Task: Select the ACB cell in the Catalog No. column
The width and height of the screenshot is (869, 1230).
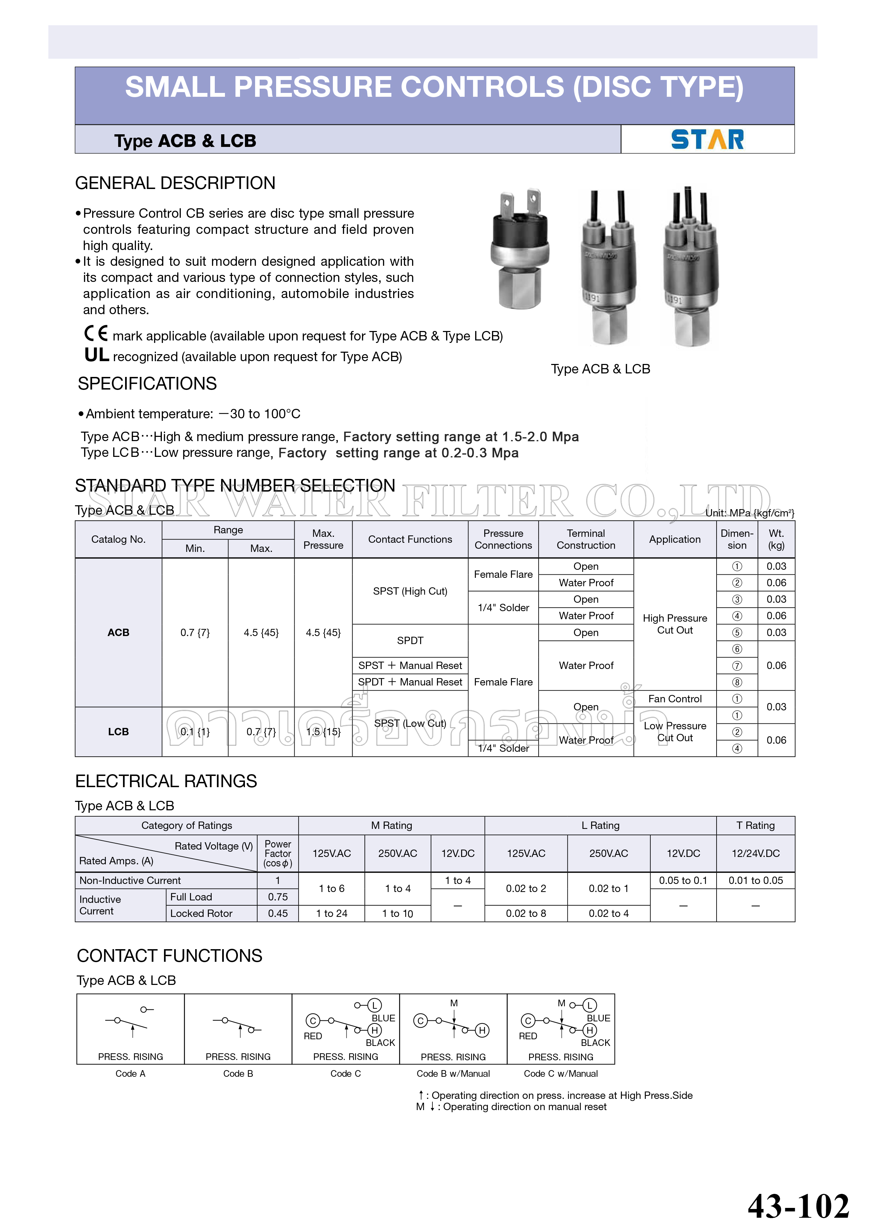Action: point(118,633)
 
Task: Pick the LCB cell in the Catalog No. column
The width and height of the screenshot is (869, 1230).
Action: point(118,732)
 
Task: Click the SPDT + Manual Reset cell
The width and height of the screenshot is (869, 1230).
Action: point(410,682)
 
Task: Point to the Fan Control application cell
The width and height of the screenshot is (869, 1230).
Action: point(675,698)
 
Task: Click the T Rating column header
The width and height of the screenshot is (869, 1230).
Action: point(755,825)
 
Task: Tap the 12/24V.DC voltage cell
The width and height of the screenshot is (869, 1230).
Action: point(755,853)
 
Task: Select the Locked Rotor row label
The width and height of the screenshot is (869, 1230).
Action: point(201,913)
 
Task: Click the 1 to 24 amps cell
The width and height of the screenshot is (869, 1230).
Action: point(331,913)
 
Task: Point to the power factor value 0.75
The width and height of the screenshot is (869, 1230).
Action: point(278,897)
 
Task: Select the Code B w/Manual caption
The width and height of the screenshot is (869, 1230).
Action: point(453,1074)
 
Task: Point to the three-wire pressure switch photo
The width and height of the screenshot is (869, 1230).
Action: point(691,268)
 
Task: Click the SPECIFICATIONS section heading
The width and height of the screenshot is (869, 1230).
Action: point(147,384)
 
